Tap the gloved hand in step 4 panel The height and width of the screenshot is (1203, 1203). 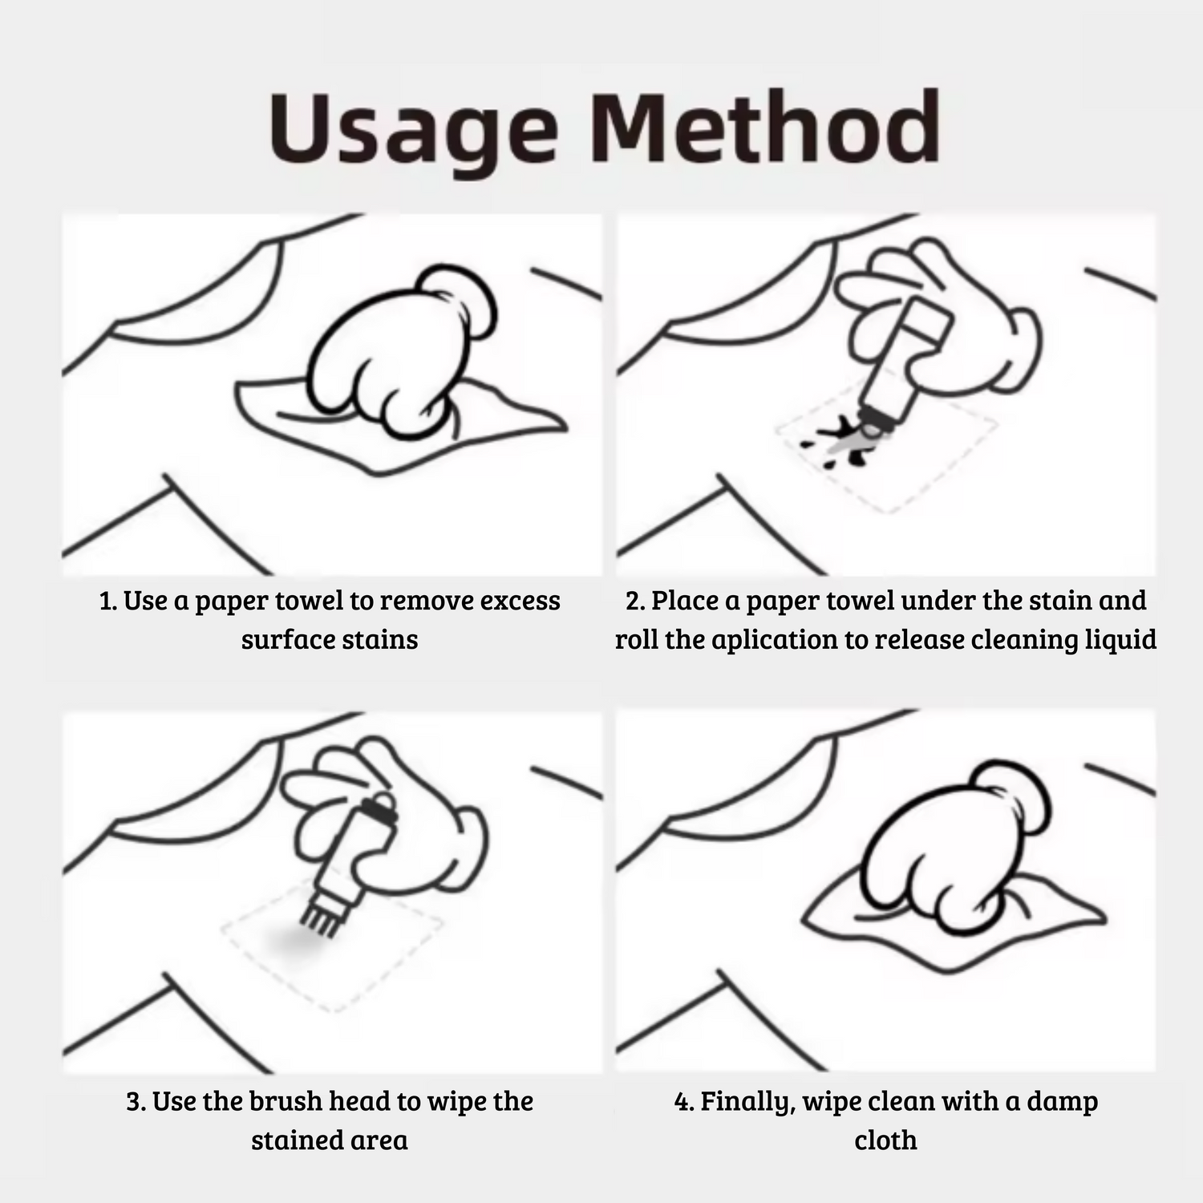[x=959, y=850]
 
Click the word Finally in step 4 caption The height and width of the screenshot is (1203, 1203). [x=747, y=1102]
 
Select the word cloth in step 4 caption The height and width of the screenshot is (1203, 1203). [x=885, y=1140]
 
